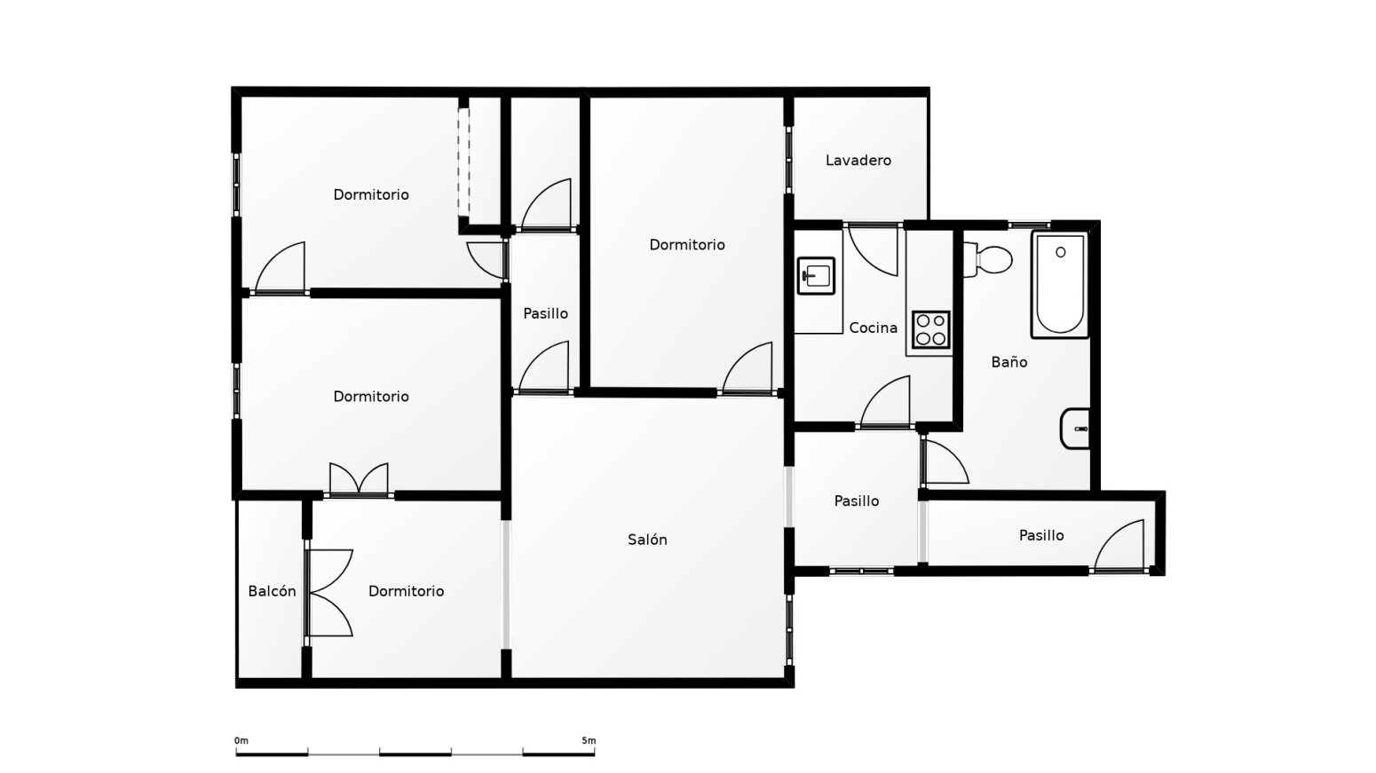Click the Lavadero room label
tap(858, 161)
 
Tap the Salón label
tap(647, 539)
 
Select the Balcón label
tap(272, 591)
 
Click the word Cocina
tap(873, 327)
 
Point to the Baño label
tap(1008, 362)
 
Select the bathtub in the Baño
tap(1060, 284)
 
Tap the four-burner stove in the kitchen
tap(930, 330)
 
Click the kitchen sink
tap(816, 276)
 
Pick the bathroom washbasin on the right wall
tap(1075, 429)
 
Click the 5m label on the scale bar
tap(589, 740)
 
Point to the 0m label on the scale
tap(241, 740)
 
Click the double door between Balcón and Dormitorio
tap(329, 593)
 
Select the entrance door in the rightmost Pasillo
tap(1119, 545)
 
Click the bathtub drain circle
tap(1060, 252)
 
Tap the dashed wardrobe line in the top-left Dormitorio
tap(463, 162)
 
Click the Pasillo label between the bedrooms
tap(545, 313)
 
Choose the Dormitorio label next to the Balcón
tap(406, 591)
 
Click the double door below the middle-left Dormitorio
tap(359, 479)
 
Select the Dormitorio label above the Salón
tap(687, 244)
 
